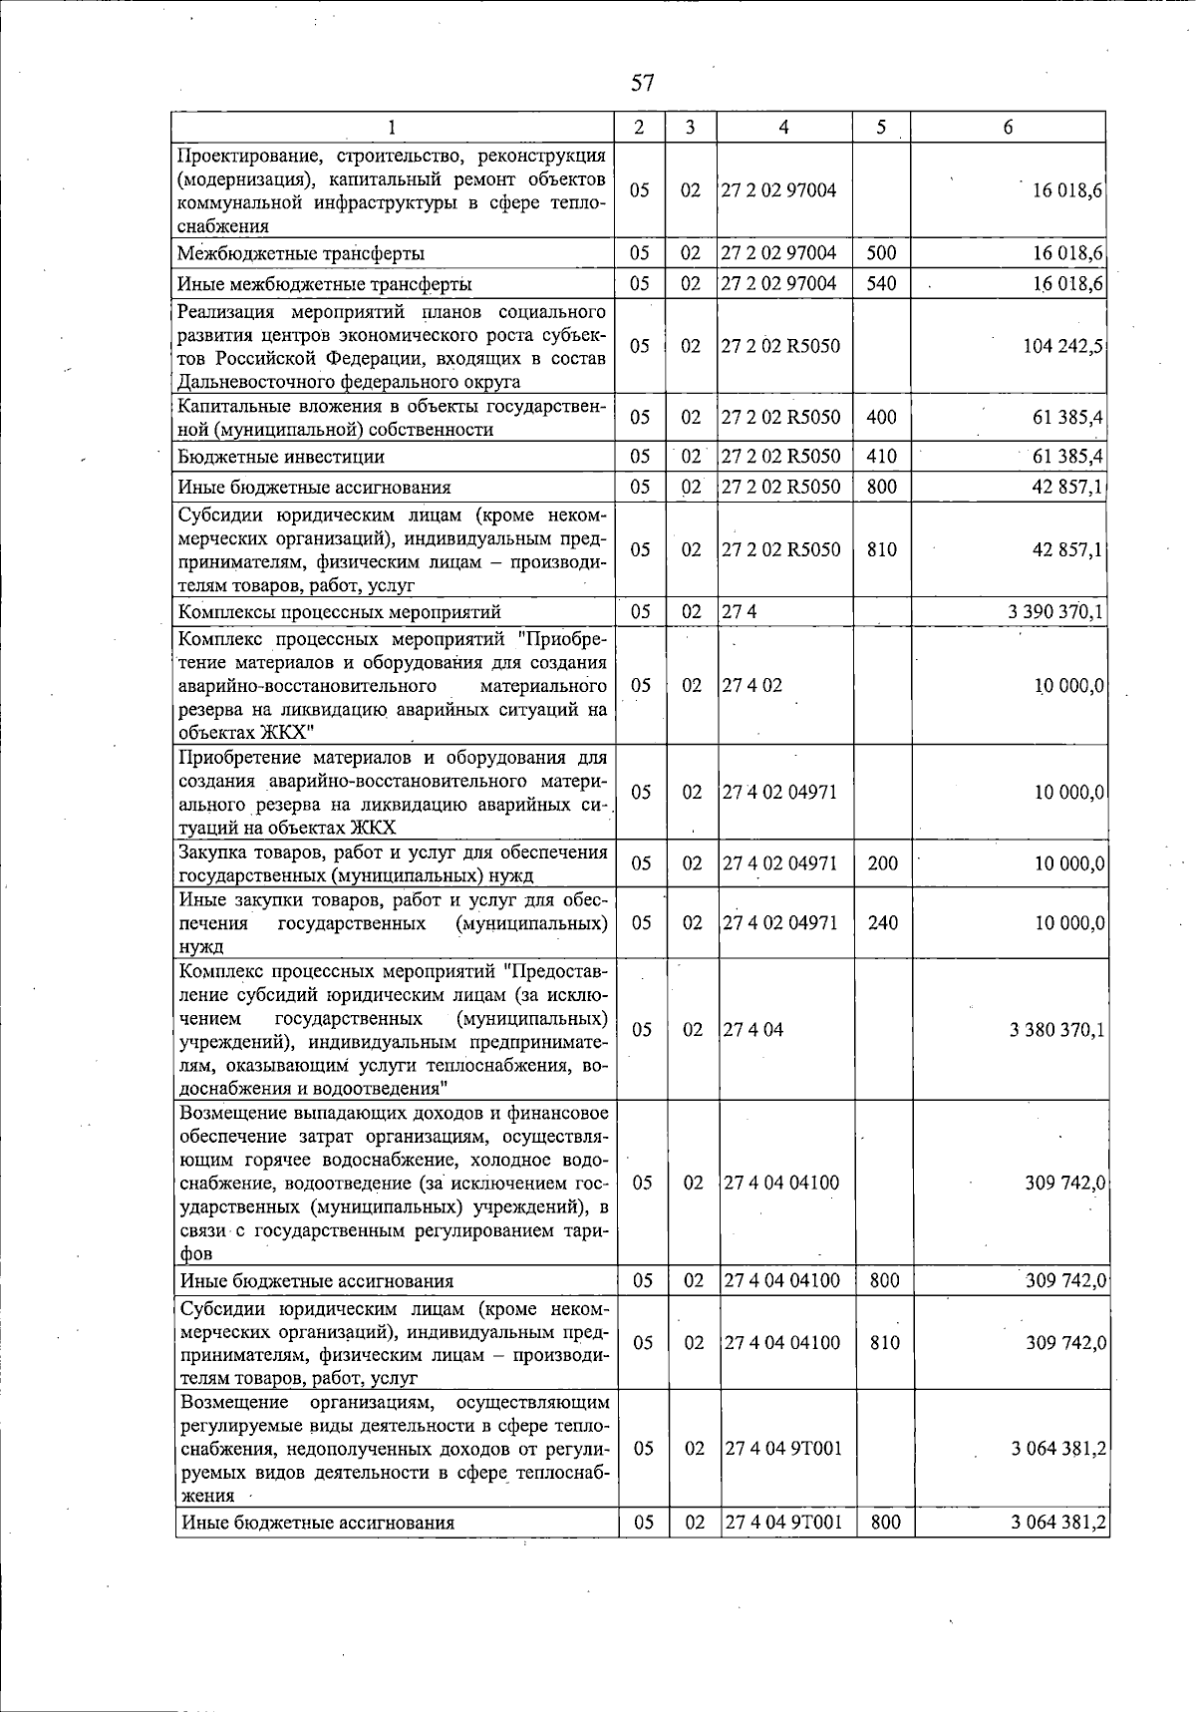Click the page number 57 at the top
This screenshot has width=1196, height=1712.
[x=642, y=82]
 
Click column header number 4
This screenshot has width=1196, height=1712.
[x=784, y=128]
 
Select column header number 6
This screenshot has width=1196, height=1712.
[x=1008, y=128]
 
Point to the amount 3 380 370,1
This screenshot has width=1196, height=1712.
[x=1056, y=1030]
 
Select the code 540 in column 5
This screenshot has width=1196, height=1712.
[x=881, y=284]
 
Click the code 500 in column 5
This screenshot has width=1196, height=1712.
[x=881, y=253]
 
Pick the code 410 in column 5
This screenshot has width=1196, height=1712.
[x=881, y=457]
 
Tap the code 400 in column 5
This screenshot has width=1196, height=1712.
[x=881, y=417]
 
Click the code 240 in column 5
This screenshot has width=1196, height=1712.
[x=882, y=923]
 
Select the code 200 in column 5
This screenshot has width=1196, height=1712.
[x=882, y=863]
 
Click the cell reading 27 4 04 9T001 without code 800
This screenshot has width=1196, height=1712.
[x=783, y=1448]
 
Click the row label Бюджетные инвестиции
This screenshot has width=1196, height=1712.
[x=281, y=458]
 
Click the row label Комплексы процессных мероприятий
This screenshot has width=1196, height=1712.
[x=339, y=612]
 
